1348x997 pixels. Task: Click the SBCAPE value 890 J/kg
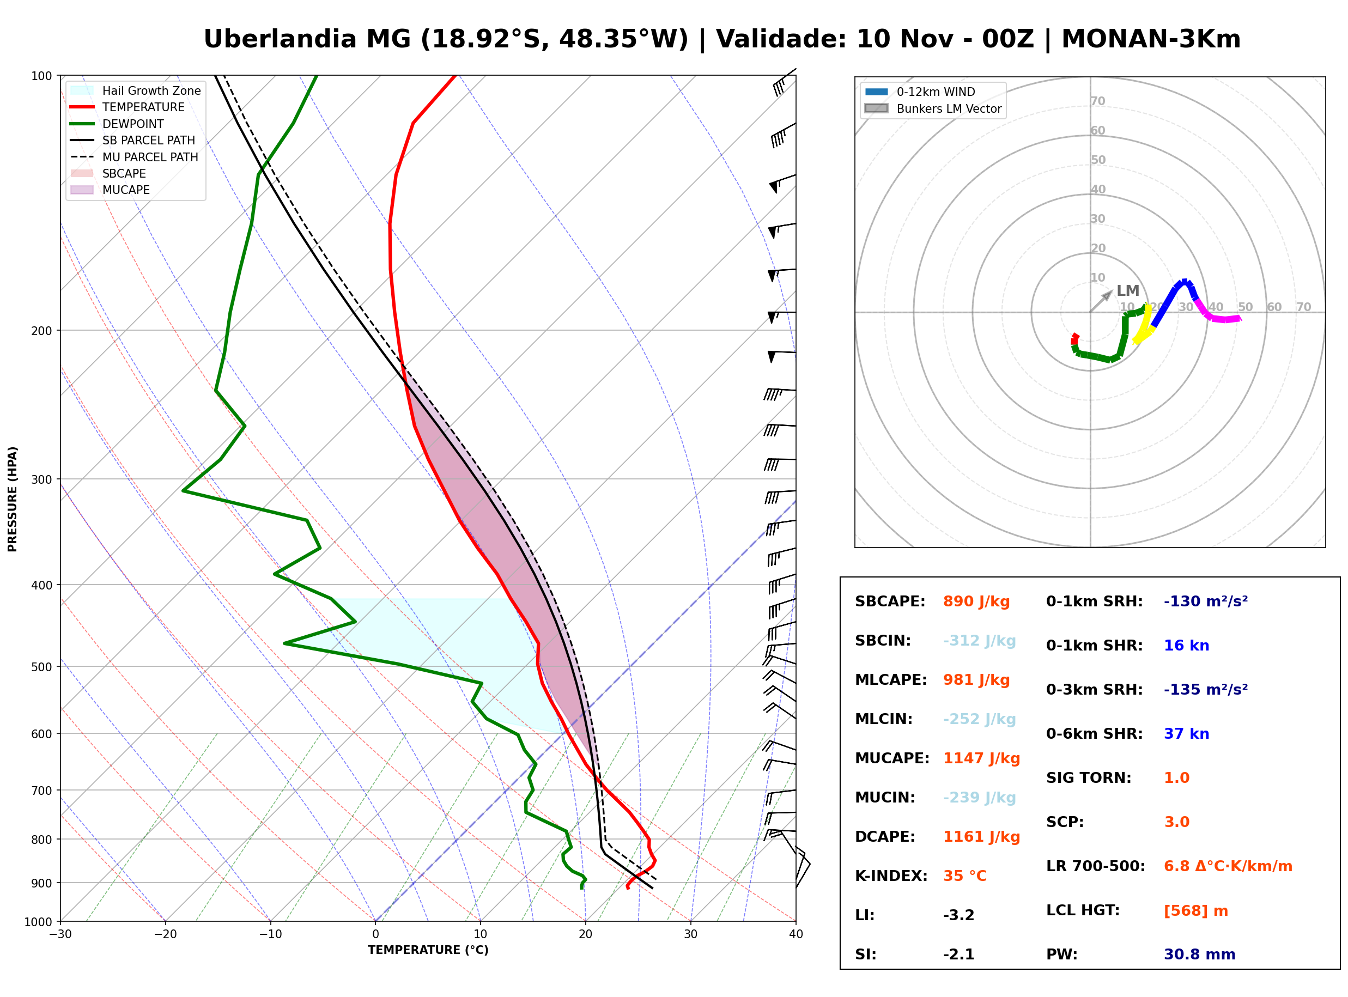tap(976, 601)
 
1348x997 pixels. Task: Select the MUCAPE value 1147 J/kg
tap(981, 758)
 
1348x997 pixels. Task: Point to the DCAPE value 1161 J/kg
tap(981, 837)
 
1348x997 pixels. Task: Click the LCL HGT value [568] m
tap(1195, 911)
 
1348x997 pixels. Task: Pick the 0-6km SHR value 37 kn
tap(1186, 734)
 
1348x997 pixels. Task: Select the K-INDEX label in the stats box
tap(891, 876)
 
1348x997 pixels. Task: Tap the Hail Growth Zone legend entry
tap(135, 90)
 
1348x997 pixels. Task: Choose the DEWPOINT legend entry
tap(117, 124)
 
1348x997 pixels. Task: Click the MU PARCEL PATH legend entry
tap(134, 157)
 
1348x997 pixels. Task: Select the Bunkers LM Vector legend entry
tap(933, 108)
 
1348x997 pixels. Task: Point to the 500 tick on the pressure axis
tap(41, 667)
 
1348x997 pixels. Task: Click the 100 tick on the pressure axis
tap(41, 75)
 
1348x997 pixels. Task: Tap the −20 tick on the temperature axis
tap(165, 934)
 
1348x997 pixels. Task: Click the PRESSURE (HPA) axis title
tap(13, 499)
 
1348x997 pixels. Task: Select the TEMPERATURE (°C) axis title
tap(428, 951)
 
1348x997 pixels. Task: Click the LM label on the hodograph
tap(1128, 291)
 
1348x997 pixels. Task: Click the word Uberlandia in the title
tap(280, 39)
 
